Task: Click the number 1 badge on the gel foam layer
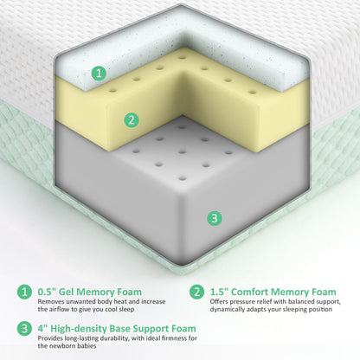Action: (99, 73)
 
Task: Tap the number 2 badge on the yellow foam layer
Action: (132, 119)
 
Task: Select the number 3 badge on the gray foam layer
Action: (215, 218)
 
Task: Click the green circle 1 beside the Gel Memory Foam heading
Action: (24, 292)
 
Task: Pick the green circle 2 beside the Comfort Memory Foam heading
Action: (196, 292)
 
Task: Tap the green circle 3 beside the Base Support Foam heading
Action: (24, 328)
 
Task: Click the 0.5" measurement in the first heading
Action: (47, 292)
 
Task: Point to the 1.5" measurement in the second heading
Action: (219, 292)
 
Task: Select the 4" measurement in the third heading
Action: (42, 328)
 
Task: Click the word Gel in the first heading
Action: (66, 292)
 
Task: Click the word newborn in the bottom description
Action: (61, 345)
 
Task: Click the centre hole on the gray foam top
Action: (181, 151)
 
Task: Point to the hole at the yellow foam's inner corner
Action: (182, 57)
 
